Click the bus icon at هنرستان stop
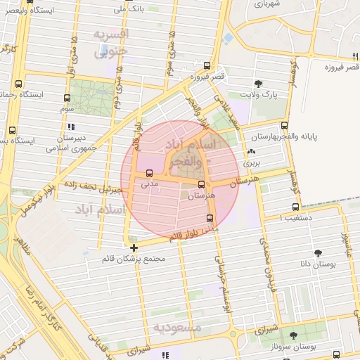click(202, 185)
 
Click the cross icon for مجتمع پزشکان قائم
click(134, 247)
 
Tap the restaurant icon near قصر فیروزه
click(356, 56)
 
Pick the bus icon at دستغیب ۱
click(295, 207)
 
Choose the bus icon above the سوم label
click(67, 98)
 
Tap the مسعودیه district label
click(178, 328)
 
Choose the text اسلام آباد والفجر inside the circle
click(191, 153)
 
